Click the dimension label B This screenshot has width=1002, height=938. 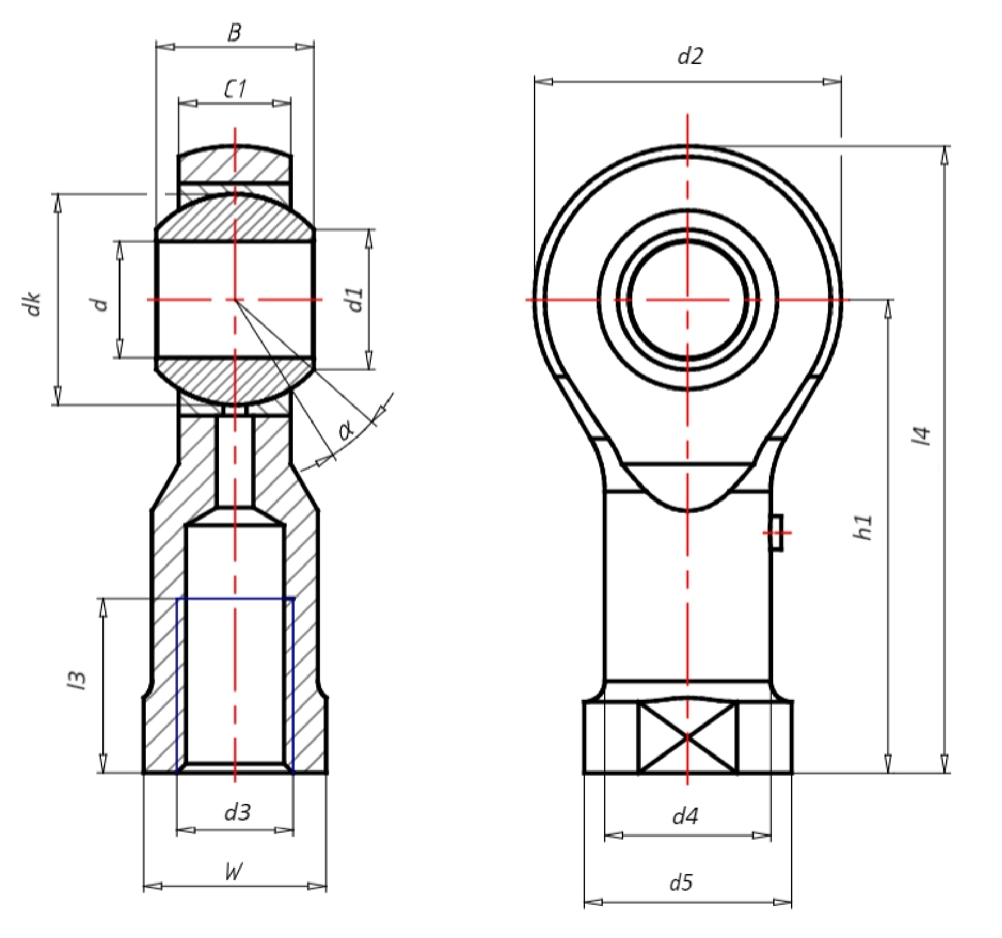coord(234,33)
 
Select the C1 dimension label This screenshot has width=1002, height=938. coord(234,90)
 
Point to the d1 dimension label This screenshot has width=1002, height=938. coord(356,299)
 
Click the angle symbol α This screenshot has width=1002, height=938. coord(346,432)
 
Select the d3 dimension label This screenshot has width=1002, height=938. coord(237,813)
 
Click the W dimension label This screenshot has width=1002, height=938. coord(234,872)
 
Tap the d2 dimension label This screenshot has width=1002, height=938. coord(690,56)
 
